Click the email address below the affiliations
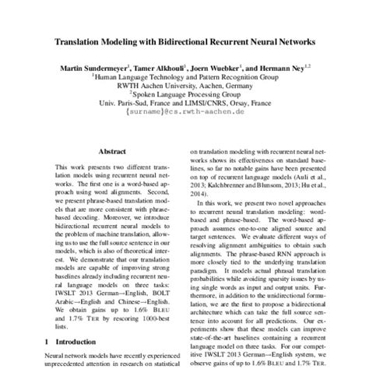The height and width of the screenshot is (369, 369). click(184, 112)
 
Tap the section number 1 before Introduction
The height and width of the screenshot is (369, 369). click(49, 342)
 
